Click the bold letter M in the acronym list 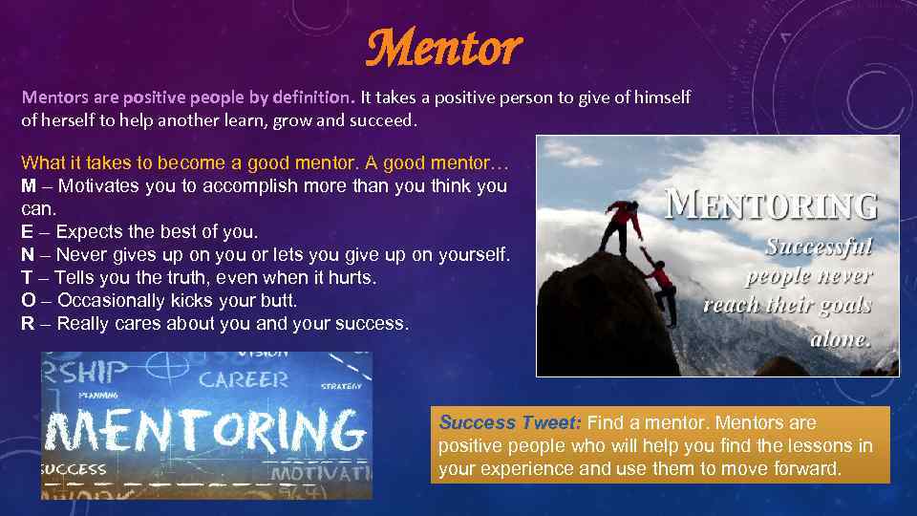click(x=29, y=186)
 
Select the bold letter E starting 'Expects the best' click(x=28, y=232)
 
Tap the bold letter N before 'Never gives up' click(x=29, y=255)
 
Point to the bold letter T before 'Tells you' click(x=28, y=278)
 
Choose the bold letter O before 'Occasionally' click(x=29, y=301)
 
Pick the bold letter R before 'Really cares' click(x=29, y=324)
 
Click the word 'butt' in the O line click(x=277, y=301)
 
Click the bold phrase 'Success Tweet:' click(x=510, y=422)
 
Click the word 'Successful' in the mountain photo click(x=819, y=247)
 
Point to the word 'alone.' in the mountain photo click(x=841, y=338)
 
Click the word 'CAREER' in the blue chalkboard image click(x=245, y=378)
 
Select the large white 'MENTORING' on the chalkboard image click(x=205, y=432)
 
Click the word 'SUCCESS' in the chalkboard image click(x=75, y=469)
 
